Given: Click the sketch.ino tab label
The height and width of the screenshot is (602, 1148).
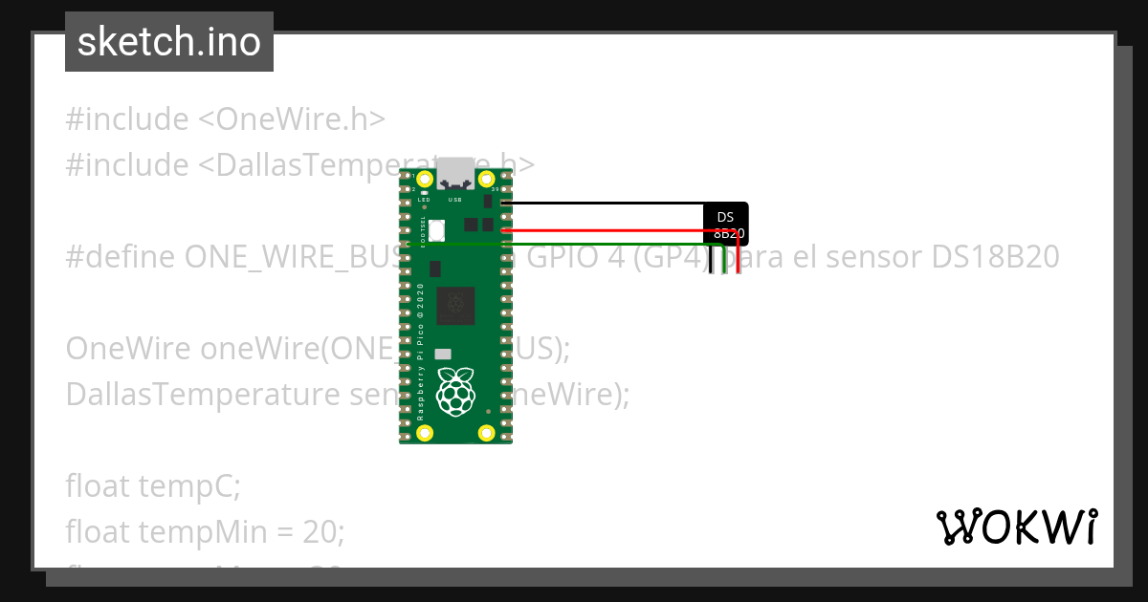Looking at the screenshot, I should click(x=169, y=42).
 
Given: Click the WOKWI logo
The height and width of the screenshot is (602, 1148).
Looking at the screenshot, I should click(x=1016, y=527).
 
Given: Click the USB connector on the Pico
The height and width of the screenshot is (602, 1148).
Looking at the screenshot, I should click(x=455, y=174).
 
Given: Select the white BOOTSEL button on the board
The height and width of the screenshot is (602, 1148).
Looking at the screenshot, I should click(x=437, y=230).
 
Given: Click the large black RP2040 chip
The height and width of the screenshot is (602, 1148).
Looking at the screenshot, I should click(x=455, y=306).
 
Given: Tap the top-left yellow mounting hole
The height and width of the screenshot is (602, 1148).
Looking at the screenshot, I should click(x=425, y=180).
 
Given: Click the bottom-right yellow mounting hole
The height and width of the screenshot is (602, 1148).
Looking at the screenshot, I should click(x=486, y=434).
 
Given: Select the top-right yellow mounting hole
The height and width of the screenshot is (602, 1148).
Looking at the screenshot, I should click(x=486, y=180).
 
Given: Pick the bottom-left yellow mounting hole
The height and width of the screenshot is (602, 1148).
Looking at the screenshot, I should click(x=425, y=434).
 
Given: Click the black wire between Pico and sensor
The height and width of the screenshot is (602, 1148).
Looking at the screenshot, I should click(x=603, y=204).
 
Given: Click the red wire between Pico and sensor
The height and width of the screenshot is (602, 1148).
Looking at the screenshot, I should click(x=603, y=230).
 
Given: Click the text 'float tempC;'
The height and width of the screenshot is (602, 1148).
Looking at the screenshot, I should click(x=153, y=486).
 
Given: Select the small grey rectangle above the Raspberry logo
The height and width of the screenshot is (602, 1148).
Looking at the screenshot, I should click(x=442, y=354).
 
